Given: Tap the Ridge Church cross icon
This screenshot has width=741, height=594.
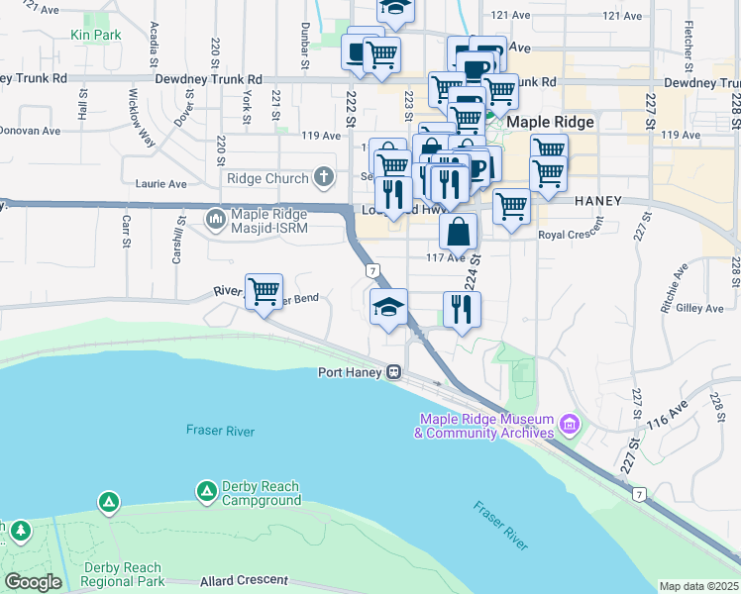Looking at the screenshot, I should (x=323, y=178).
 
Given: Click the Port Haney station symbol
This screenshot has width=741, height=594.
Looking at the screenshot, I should (x=394, y=373).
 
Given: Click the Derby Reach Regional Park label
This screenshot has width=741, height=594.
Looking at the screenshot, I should (x=124, y=574).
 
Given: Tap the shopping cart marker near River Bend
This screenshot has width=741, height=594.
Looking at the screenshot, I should (x=265, y=292).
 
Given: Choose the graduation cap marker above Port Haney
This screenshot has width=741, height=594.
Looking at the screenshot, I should (x=388, y=307).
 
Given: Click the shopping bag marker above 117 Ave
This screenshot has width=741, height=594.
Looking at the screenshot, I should (x=459, y=233).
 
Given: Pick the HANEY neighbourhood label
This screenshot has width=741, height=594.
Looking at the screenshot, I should (x=597, y=201).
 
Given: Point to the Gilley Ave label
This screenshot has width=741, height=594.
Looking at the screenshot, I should (x=700, y=309).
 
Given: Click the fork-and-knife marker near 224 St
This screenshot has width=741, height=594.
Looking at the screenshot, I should (x=462, y=310).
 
